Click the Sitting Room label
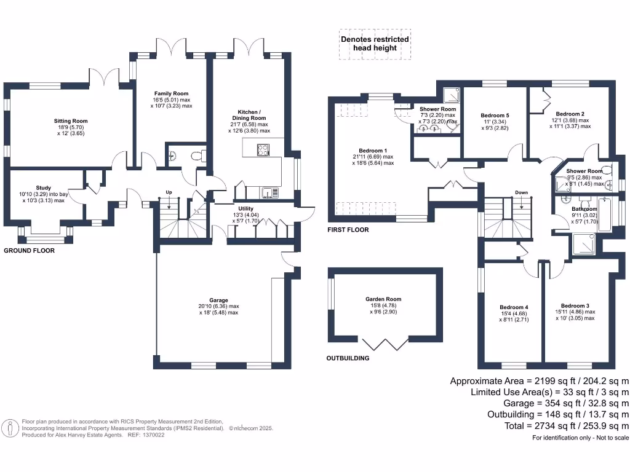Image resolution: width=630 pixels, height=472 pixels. [x=71, y=121]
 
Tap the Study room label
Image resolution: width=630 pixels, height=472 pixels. [x=43, y=188]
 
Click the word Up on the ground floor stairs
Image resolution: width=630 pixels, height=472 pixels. [x=168, y=192]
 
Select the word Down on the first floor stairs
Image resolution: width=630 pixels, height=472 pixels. [x=522, y=192]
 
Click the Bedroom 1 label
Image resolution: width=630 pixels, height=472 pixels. [x=373, y=151]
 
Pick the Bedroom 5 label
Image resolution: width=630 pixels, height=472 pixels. [x=495, y=116]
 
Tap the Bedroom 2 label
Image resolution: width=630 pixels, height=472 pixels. [x=570, y=114]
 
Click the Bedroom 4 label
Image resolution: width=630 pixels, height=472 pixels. [x=514, y=307]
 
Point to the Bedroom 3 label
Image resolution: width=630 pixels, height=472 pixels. [x=575, y=305]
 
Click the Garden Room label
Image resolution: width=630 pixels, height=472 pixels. [x=383, y=299]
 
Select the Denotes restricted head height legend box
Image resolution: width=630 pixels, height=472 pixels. [x=374, y=44]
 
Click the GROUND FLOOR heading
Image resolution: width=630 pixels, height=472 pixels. [x=29, y=251]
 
